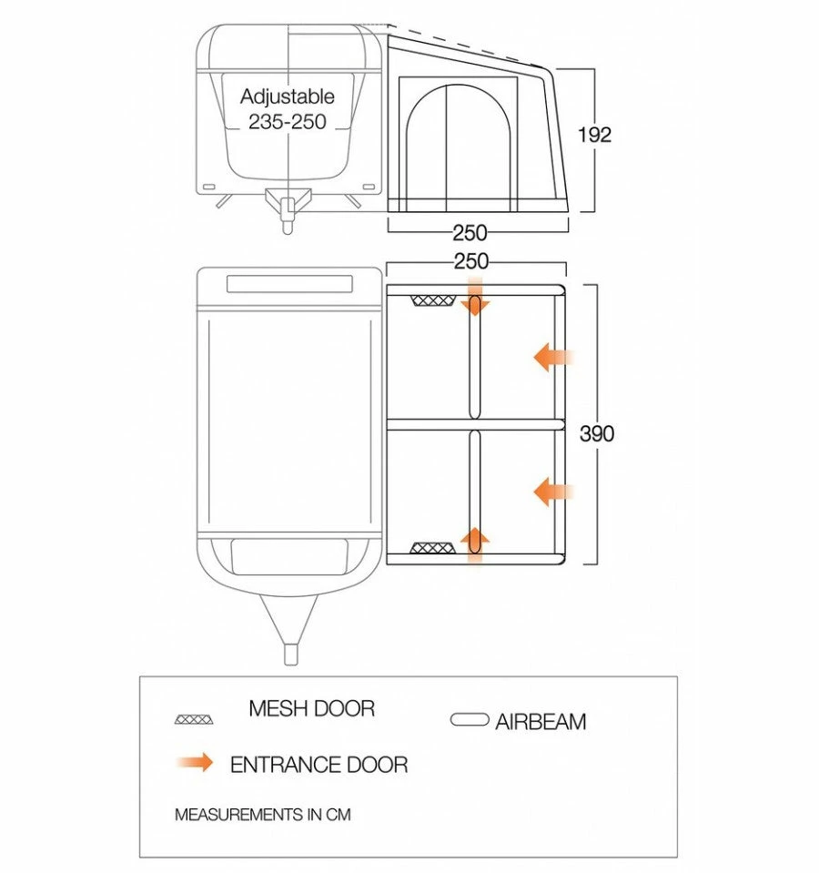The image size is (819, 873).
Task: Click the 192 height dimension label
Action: tap(595, 135)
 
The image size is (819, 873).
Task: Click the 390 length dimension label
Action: tap(597, 434)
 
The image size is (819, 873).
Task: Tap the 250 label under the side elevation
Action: tap(470, 233)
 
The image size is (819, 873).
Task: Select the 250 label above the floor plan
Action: tap(470, 261)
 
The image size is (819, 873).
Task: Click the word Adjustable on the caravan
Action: tap(288, 96)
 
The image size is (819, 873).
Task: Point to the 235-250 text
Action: tap(288, 121)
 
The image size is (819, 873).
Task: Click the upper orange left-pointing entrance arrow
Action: tap(552, 358)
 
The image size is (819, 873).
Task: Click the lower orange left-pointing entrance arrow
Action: tap(552, 492)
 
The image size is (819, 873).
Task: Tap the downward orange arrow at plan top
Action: tap(475, 304)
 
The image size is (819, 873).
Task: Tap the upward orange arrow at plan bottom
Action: tap(475, 543)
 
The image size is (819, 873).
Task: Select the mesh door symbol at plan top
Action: tap(432, 301)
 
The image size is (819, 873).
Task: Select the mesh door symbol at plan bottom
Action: tap(432, 548)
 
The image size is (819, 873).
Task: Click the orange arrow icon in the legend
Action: tap(194, 762)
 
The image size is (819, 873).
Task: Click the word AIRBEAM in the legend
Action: tap(541, 722)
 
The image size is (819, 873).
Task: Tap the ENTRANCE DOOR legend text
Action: tap(318, 764)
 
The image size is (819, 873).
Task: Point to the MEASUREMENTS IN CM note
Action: tap(262, 815)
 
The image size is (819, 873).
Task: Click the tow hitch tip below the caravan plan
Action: tap(289, 654)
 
